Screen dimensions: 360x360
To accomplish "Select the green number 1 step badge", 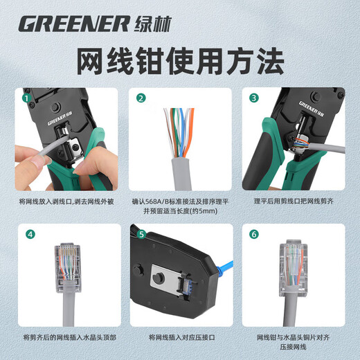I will point(28,98).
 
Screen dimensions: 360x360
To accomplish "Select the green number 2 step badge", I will point(141,98).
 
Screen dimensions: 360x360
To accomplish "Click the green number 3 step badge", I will point(253,98).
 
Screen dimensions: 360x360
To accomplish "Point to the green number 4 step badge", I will point(30,234).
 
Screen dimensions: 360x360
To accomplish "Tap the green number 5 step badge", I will point(141,234).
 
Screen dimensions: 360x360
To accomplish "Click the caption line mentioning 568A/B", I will point(180,201).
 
